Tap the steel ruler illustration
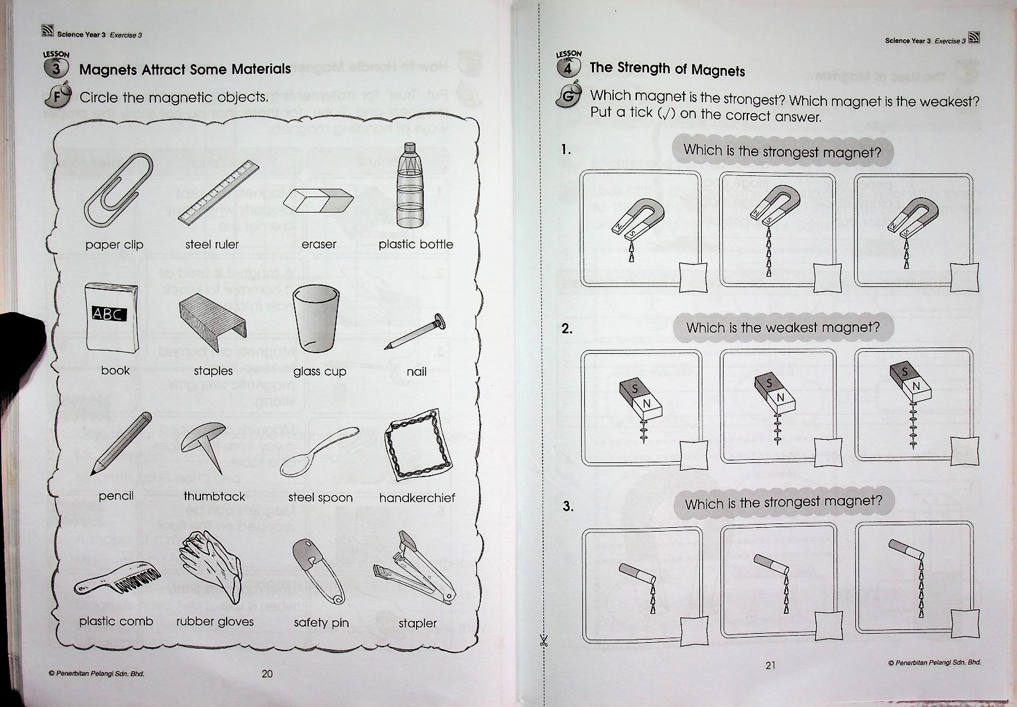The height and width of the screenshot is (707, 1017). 218,193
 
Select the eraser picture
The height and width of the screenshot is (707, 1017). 318,200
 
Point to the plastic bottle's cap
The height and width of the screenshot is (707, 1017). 410,148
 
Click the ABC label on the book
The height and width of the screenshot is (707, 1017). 109,313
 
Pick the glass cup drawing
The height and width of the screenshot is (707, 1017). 316,319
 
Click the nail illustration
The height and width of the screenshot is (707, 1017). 415,331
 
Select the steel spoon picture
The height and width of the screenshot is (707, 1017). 319,451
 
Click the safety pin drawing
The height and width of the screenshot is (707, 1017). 319,572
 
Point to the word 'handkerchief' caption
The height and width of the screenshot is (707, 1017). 417,498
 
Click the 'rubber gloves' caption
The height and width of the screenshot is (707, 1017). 214,621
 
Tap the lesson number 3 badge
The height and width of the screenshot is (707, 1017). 56,69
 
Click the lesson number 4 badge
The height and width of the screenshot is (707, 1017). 568,68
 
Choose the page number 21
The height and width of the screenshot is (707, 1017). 770,665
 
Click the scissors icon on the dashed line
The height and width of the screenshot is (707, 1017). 544,640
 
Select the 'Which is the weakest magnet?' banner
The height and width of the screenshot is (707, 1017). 783,327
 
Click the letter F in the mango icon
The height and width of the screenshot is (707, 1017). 56,97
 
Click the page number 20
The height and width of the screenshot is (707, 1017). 268,674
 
